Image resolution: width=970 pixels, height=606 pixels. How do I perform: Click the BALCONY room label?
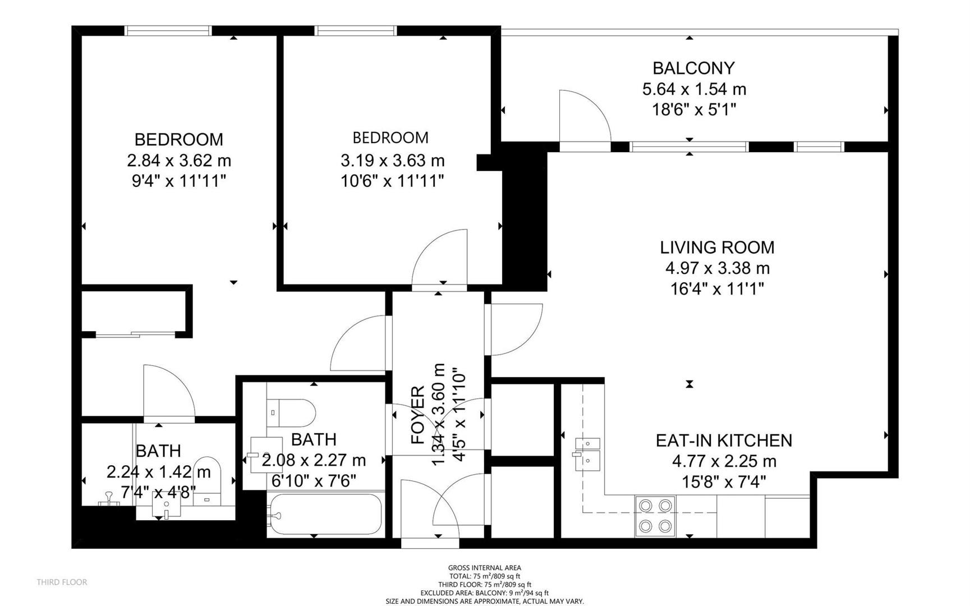[693, 68]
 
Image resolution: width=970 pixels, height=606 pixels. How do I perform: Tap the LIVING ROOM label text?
[717, 247]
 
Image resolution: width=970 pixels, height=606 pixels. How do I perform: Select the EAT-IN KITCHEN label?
[724, 440]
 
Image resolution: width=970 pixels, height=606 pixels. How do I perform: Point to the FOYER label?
[418, 415]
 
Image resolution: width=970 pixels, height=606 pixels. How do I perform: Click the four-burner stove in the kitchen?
[655, 516]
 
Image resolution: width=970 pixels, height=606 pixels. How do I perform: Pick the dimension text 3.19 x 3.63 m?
[393, 160]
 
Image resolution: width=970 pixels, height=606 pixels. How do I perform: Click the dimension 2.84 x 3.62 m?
[179, 160]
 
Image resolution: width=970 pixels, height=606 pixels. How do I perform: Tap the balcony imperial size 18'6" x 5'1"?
[693, 109]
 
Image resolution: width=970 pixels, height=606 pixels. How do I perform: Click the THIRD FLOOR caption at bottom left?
[62, 582]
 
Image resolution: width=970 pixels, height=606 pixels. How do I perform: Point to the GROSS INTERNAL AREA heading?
[485, 568]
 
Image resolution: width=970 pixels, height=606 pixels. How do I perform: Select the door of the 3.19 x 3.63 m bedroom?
[439, 259]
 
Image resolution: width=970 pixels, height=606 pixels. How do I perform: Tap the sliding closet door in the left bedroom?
[135, 335]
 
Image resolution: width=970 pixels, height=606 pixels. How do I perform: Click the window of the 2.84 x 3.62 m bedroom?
[168, 31]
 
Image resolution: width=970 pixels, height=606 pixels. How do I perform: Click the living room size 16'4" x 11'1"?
[717, 289]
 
